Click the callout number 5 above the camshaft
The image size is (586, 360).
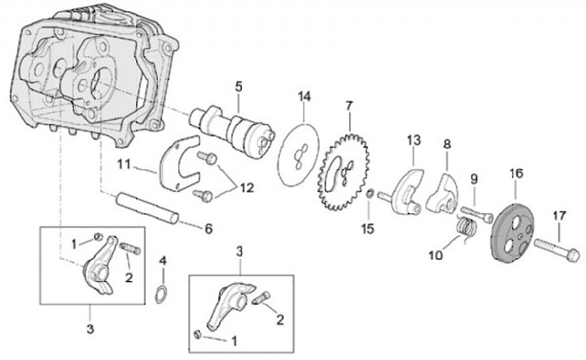pos(238,86)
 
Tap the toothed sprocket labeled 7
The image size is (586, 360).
pos(343,172)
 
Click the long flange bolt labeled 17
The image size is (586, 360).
pos(557,251)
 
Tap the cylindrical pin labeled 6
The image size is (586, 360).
pos(147,208)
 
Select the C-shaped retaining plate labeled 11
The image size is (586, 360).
pos(179,164)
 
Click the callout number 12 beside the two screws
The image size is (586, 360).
pos(247,187)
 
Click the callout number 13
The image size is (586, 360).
pos(413,141)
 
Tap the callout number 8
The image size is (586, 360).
pos(447,144)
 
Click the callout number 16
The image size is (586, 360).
pos(517,173)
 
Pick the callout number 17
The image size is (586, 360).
pos(559,216)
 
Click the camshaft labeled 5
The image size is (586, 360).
pos(233,129)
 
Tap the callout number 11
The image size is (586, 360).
pos(124,164)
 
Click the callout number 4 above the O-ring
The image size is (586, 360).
pos(163,261)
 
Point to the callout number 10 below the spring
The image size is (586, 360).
pos(435,255)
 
